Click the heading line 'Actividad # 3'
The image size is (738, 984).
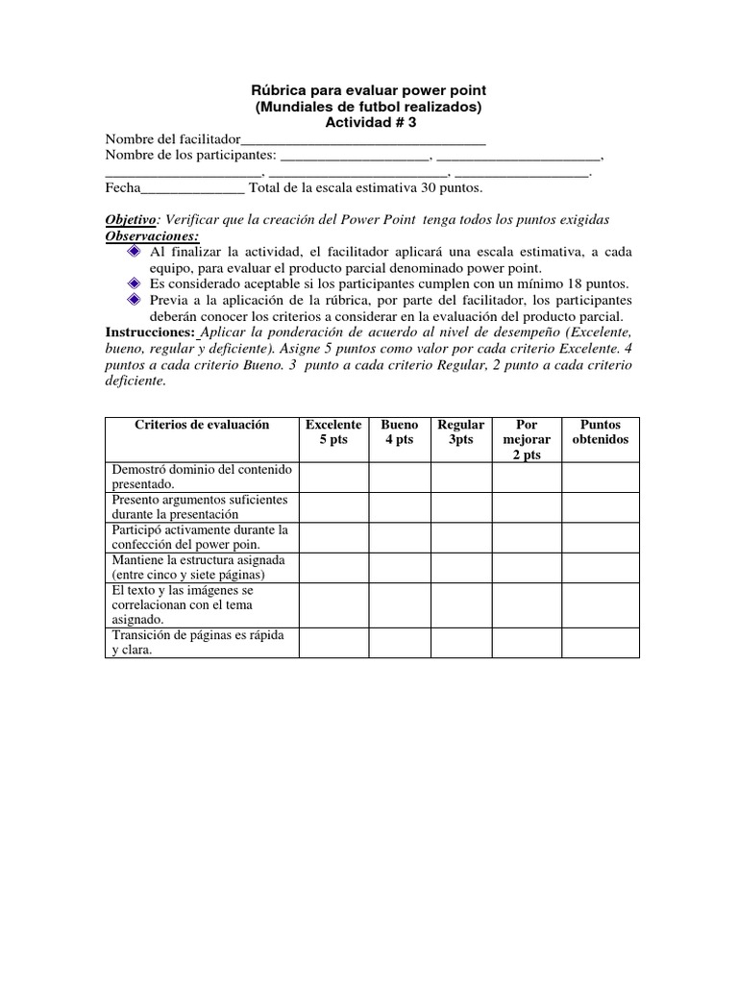pyautogui.click(x=370, y=122)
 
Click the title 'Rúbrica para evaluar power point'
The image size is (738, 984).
pyautogui.click(x=370, y=90)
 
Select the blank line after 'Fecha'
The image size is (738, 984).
pyautogui.click(x=193, y=188)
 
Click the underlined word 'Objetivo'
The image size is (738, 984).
pyautogui.click(x=129, y=219)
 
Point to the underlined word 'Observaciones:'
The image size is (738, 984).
pyautogui.click(x=152, y=235)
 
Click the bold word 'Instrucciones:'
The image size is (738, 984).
pyautogui.click(x=150, y=332)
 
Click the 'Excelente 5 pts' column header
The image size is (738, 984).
pyautogui.click(x=333, y=432)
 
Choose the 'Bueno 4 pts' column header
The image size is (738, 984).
pyautogui.click(x=400, y=432)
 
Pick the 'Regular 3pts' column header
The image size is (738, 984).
pyautogui.click(x=461, y=432)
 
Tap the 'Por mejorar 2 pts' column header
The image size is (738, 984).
pyautogui.click(x=527, y=439)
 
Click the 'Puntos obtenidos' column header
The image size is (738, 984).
pyautogui.click(x=601, y=432)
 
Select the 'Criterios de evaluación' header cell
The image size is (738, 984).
pyautogui.click(x=202, y=425)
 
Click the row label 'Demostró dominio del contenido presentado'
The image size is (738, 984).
pyautogui.click(x=202, y=478)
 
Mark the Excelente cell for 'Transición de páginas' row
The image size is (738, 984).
pyautogui.click(x=333, y=643)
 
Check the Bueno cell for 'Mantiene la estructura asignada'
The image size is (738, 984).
pyautogui.click(x=400, y=567)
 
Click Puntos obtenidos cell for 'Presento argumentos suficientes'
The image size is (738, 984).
pyautogui.click(x=601, y=507)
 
